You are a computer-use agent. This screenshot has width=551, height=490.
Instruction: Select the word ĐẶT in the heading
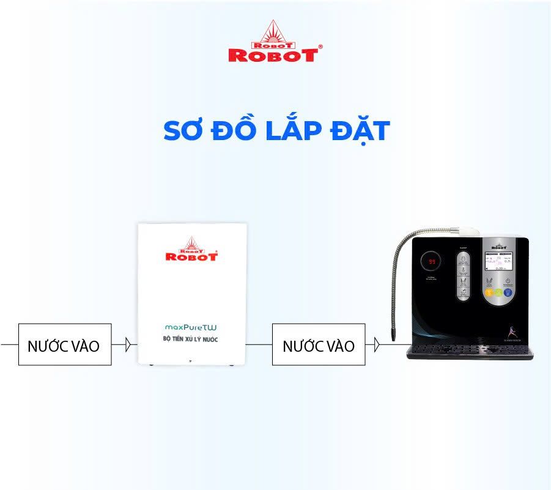(360, 131)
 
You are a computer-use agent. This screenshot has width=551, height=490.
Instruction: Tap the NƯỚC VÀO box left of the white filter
(64, 344)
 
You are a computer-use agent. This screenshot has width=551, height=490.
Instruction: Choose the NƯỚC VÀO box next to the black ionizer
(318, 344)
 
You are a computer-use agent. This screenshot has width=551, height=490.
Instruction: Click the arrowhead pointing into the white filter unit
(128, 344)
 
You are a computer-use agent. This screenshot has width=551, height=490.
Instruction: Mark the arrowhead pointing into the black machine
(377, 344)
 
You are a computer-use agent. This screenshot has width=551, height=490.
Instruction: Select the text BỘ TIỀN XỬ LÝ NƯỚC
(191, 339)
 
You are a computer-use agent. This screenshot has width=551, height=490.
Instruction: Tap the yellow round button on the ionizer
(490, 293)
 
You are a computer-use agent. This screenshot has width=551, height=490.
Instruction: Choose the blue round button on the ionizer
(508, 293)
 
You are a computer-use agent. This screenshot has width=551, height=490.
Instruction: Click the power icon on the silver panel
(507, 281)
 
